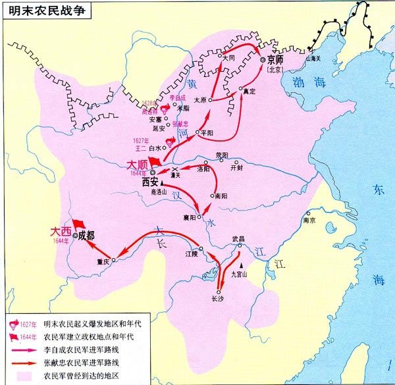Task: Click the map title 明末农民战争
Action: [41, 10]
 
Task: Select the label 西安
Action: [150, 183]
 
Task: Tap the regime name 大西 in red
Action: [60, 232]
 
